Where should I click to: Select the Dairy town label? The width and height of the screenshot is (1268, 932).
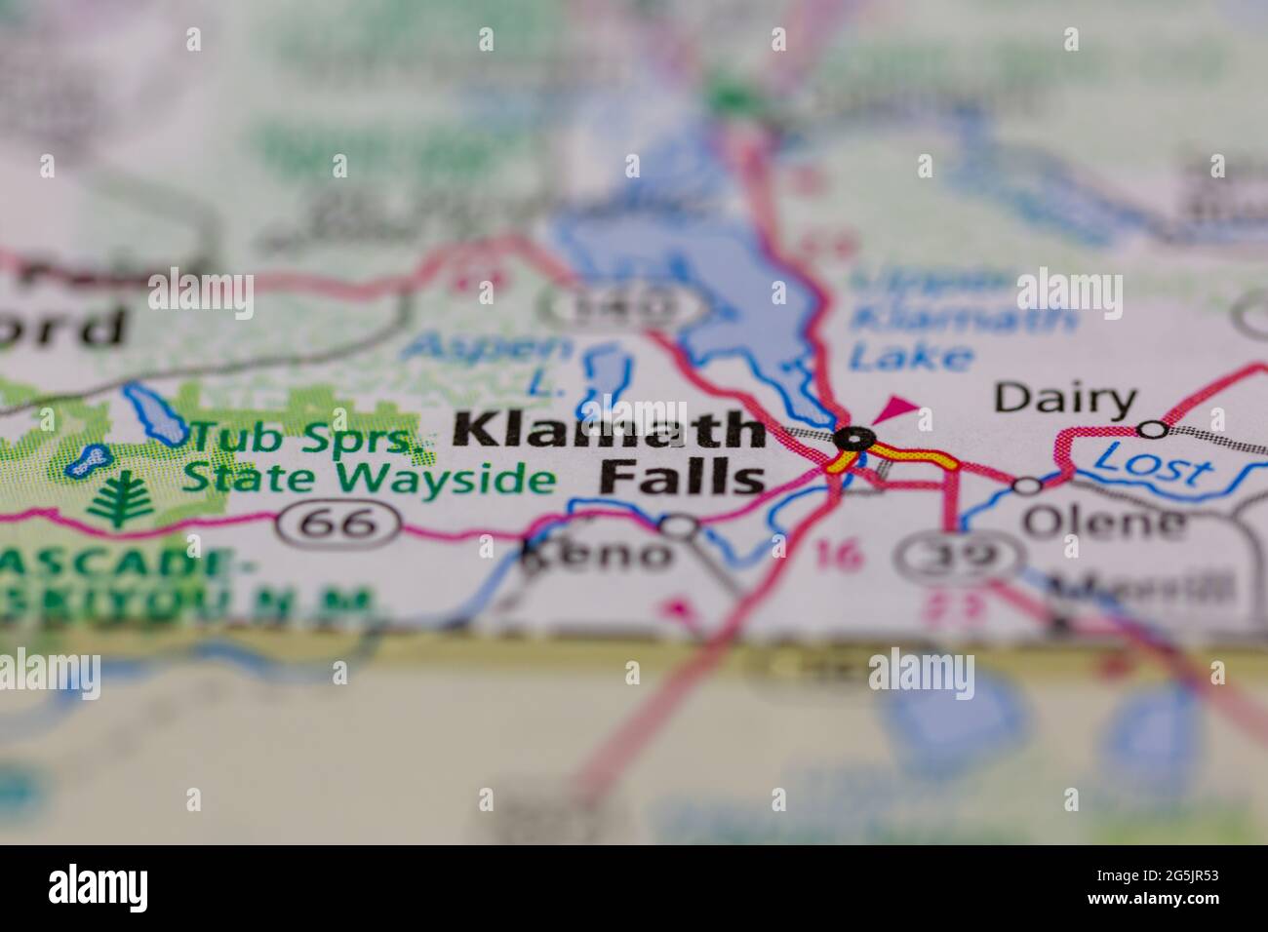[x=1065, y=400]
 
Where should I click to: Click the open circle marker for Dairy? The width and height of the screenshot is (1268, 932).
[x=1153, y=429]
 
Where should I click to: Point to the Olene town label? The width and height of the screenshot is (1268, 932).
[x=1103, y=524]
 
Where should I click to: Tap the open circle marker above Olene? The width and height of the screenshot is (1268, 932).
[x=1026, y=485]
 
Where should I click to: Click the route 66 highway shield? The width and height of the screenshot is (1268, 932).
[x=337, y=524]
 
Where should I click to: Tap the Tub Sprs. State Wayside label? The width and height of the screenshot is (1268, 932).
[x=371, y=459]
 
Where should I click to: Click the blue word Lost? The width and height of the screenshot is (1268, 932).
[x=1151, y=464]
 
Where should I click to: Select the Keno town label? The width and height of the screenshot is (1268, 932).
[x=600, y=556]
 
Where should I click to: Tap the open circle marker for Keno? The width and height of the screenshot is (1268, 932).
[x=679, y=527]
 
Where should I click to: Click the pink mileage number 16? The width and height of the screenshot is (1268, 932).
[x=840, y=555]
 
